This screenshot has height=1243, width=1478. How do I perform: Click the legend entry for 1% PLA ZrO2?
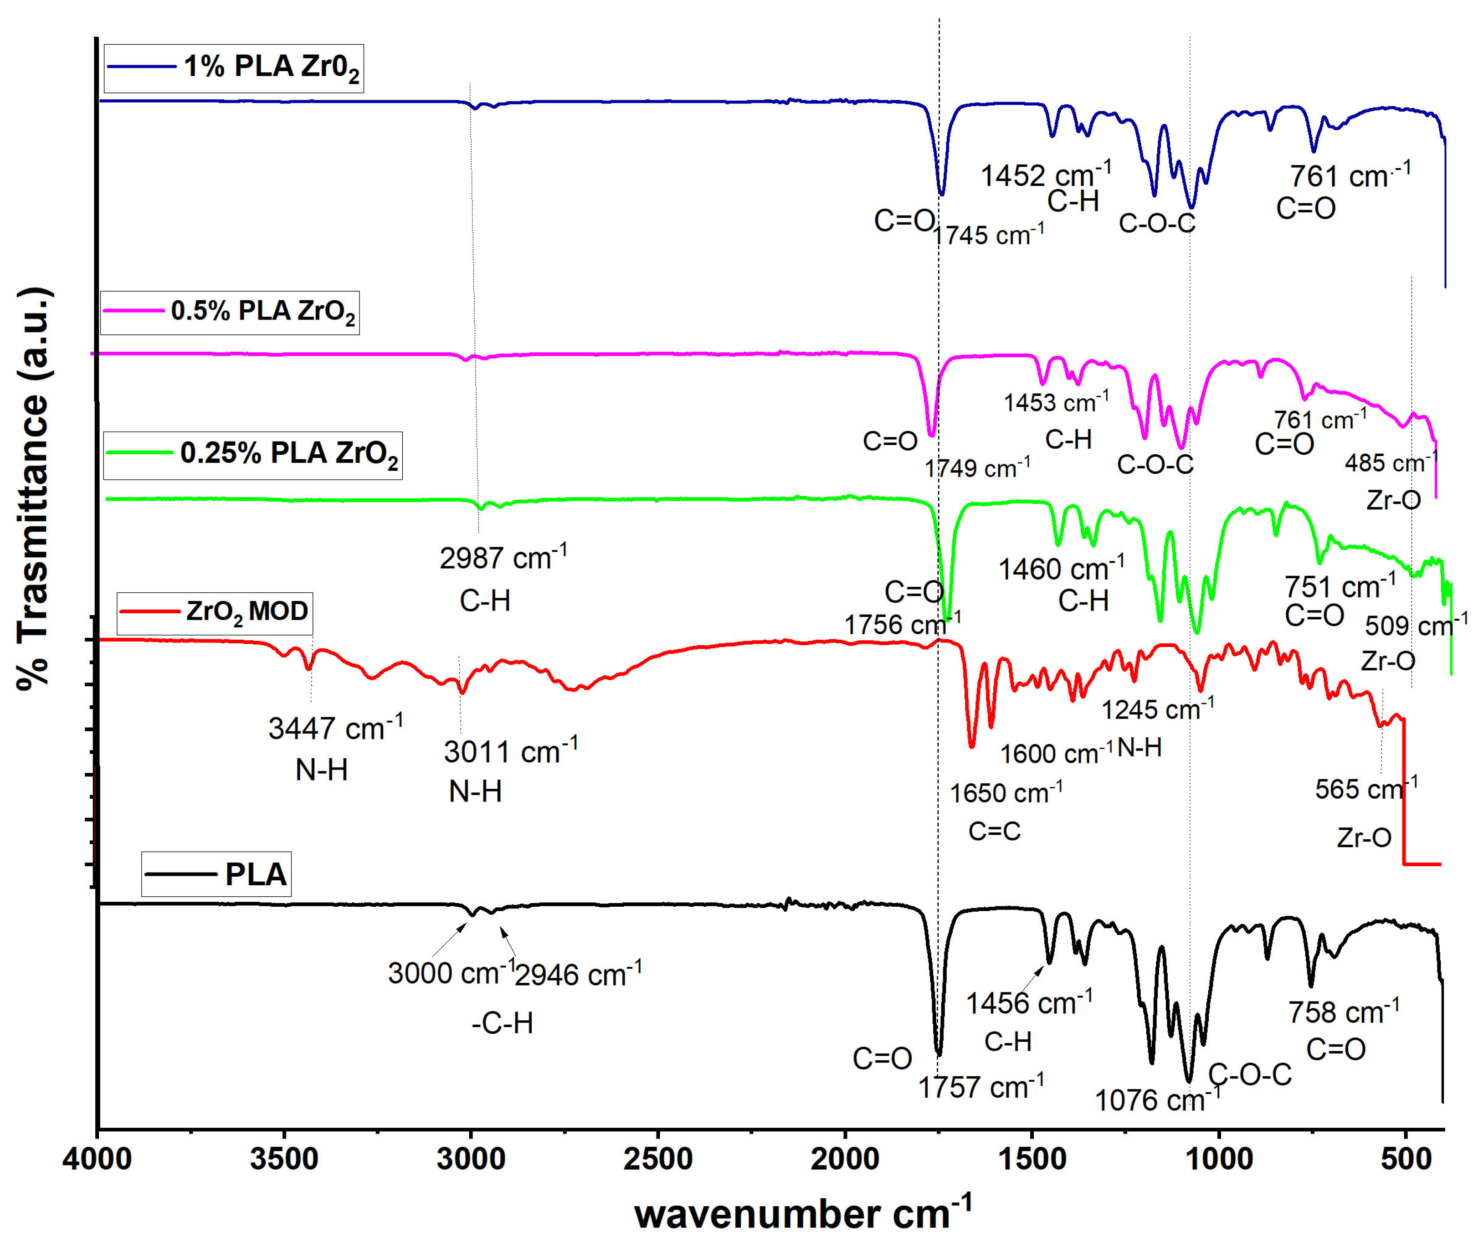pos(233,67)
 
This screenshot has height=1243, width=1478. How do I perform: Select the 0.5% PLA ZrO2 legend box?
pos(230,312)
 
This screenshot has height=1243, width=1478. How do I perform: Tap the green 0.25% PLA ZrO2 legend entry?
pos(252,454)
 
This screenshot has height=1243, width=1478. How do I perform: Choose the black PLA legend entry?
pos(216,874)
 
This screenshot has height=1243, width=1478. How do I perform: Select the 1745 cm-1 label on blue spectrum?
pos(988,235)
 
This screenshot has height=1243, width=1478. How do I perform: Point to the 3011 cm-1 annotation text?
pos(510,752)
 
